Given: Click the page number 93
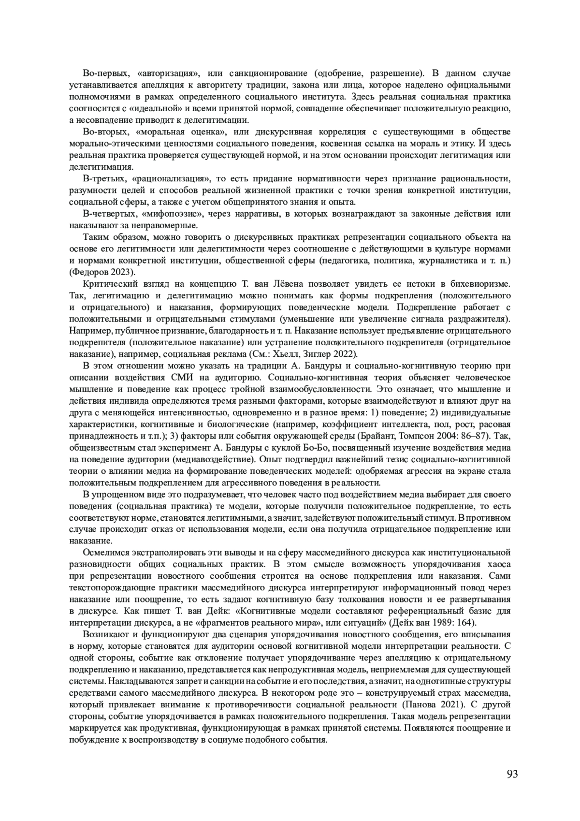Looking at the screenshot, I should (512, 774).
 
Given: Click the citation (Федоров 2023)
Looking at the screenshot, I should (102, 272).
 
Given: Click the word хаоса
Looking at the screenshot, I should (499, 564).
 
